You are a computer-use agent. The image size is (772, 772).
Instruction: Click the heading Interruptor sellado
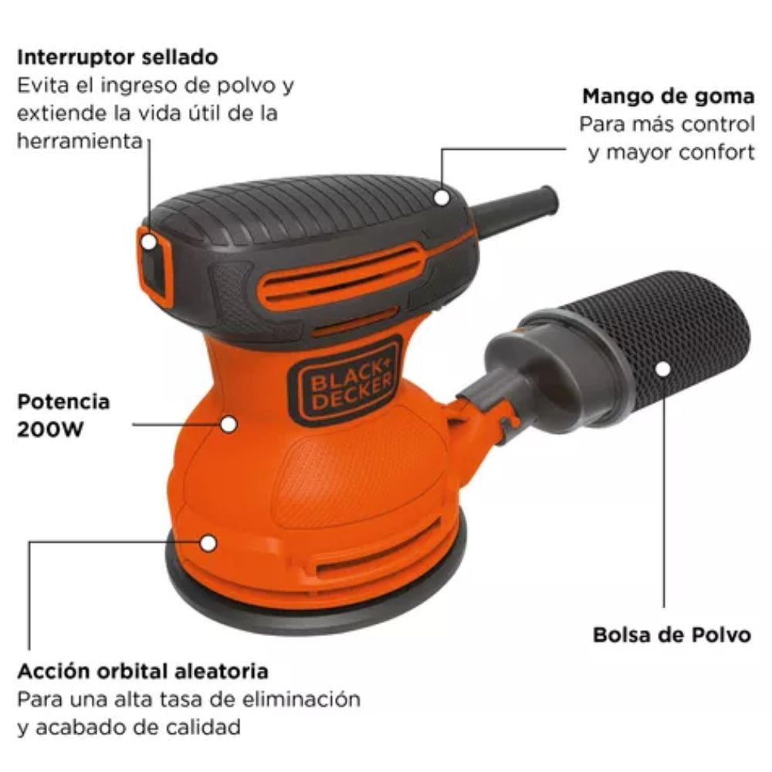(x=117, y=57)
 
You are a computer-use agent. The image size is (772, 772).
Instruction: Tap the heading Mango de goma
(x=668, y=96)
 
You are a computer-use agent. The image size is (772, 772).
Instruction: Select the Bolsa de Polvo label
(x=672, y=635)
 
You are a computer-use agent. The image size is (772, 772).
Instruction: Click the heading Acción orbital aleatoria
(x=143, y=671)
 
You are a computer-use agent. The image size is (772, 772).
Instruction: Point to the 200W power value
(x=50, y=430)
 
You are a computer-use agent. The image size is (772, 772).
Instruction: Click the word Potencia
(x=63, y=401)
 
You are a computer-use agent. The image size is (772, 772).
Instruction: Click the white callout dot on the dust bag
(x=663, y=369)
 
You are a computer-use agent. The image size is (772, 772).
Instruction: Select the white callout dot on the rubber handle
(x=442, y=198)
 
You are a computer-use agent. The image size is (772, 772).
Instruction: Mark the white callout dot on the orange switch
(x=149, y=242)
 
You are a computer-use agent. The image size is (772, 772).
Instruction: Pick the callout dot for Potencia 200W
(x=229, y=425)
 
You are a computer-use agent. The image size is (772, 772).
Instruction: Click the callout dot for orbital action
(x=208, y=543)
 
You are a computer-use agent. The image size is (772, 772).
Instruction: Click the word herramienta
(x=80, y=141)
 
